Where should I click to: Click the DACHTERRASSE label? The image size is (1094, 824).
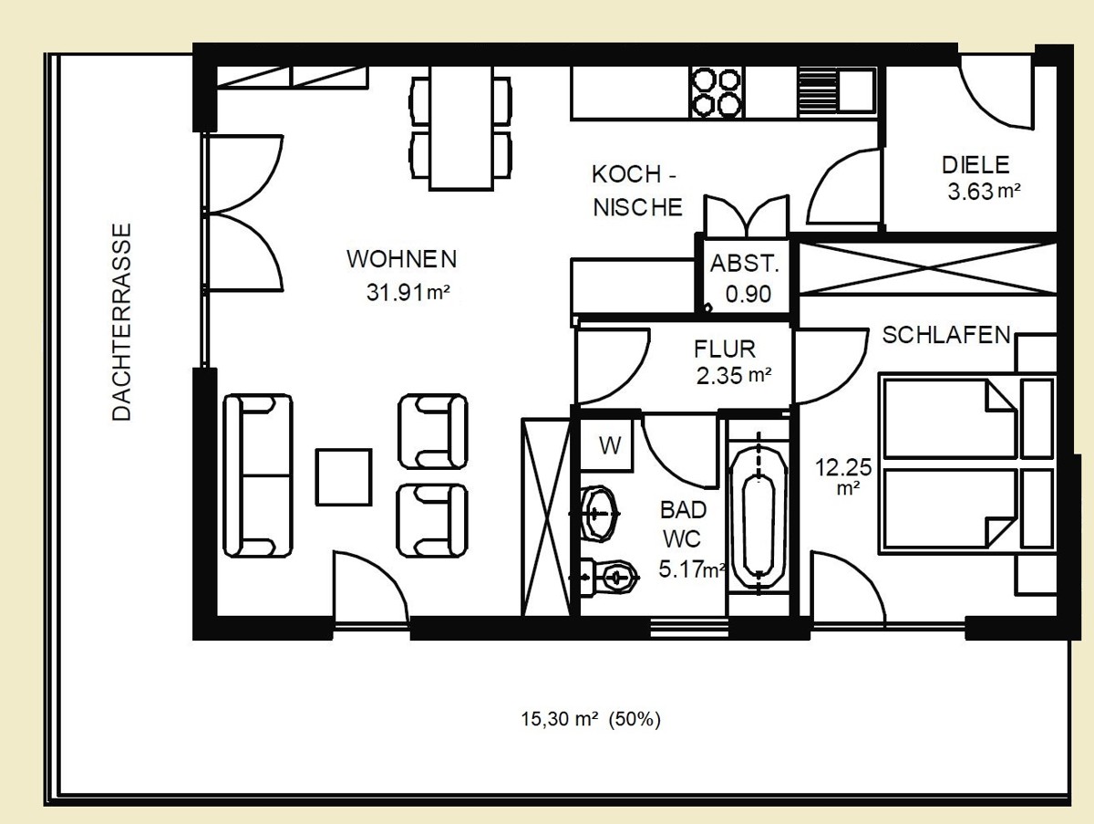tap(121, 322)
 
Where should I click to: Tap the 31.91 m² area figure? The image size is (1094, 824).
tap(408, 292)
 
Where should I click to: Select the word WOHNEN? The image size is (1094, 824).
tap(402, 259)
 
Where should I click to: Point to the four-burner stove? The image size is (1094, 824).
tap(717, 93)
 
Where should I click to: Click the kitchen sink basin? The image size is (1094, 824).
tap(856, 90)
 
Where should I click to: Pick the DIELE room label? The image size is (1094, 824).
tap(975, 165)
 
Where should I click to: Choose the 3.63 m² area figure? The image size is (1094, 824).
tap(984, 192)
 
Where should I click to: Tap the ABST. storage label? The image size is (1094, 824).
tap(745, 264)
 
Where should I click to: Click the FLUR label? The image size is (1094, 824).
tap(725, 349)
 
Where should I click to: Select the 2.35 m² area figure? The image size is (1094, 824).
tap(734, 376)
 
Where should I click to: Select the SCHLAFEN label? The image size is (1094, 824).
tap(946, 335)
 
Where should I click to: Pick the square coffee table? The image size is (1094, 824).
tap(344, 477)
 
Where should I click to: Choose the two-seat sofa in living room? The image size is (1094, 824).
tap(258, 475)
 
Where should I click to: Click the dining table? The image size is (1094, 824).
tap(461, 128)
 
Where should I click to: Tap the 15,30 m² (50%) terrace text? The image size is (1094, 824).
tap(591, 719)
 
